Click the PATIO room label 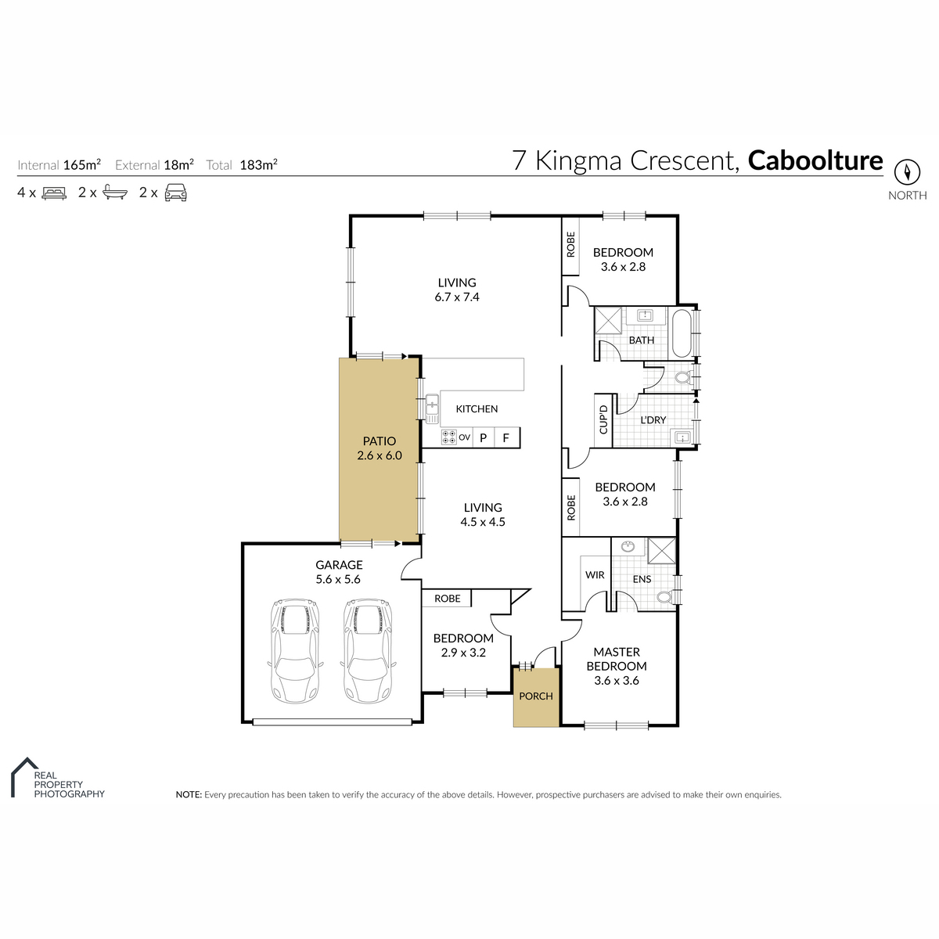(x=379, y=441)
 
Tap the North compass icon (x=907, y=172)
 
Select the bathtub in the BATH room (x=682, y=333)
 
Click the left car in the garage (x=295, y=651)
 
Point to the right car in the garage (x=368, y=651)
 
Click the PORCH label (x=535, y=696)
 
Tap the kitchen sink (x=432, y=408)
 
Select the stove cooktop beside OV (x=449, y=437)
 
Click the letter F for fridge (x=505, y=437)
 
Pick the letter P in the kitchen (x=483, y=437)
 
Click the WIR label (x=595, y=575)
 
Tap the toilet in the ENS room (x=666, y=596)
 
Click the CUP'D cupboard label (x=603, y=419)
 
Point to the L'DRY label (x=653, y=420)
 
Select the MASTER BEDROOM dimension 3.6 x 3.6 (x=617, y=681)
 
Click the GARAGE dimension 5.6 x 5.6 (x=338, y=579)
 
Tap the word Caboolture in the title (x=815, y=160)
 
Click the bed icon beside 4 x (x=54, y=193)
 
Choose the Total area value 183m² (x=258, y=164)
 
